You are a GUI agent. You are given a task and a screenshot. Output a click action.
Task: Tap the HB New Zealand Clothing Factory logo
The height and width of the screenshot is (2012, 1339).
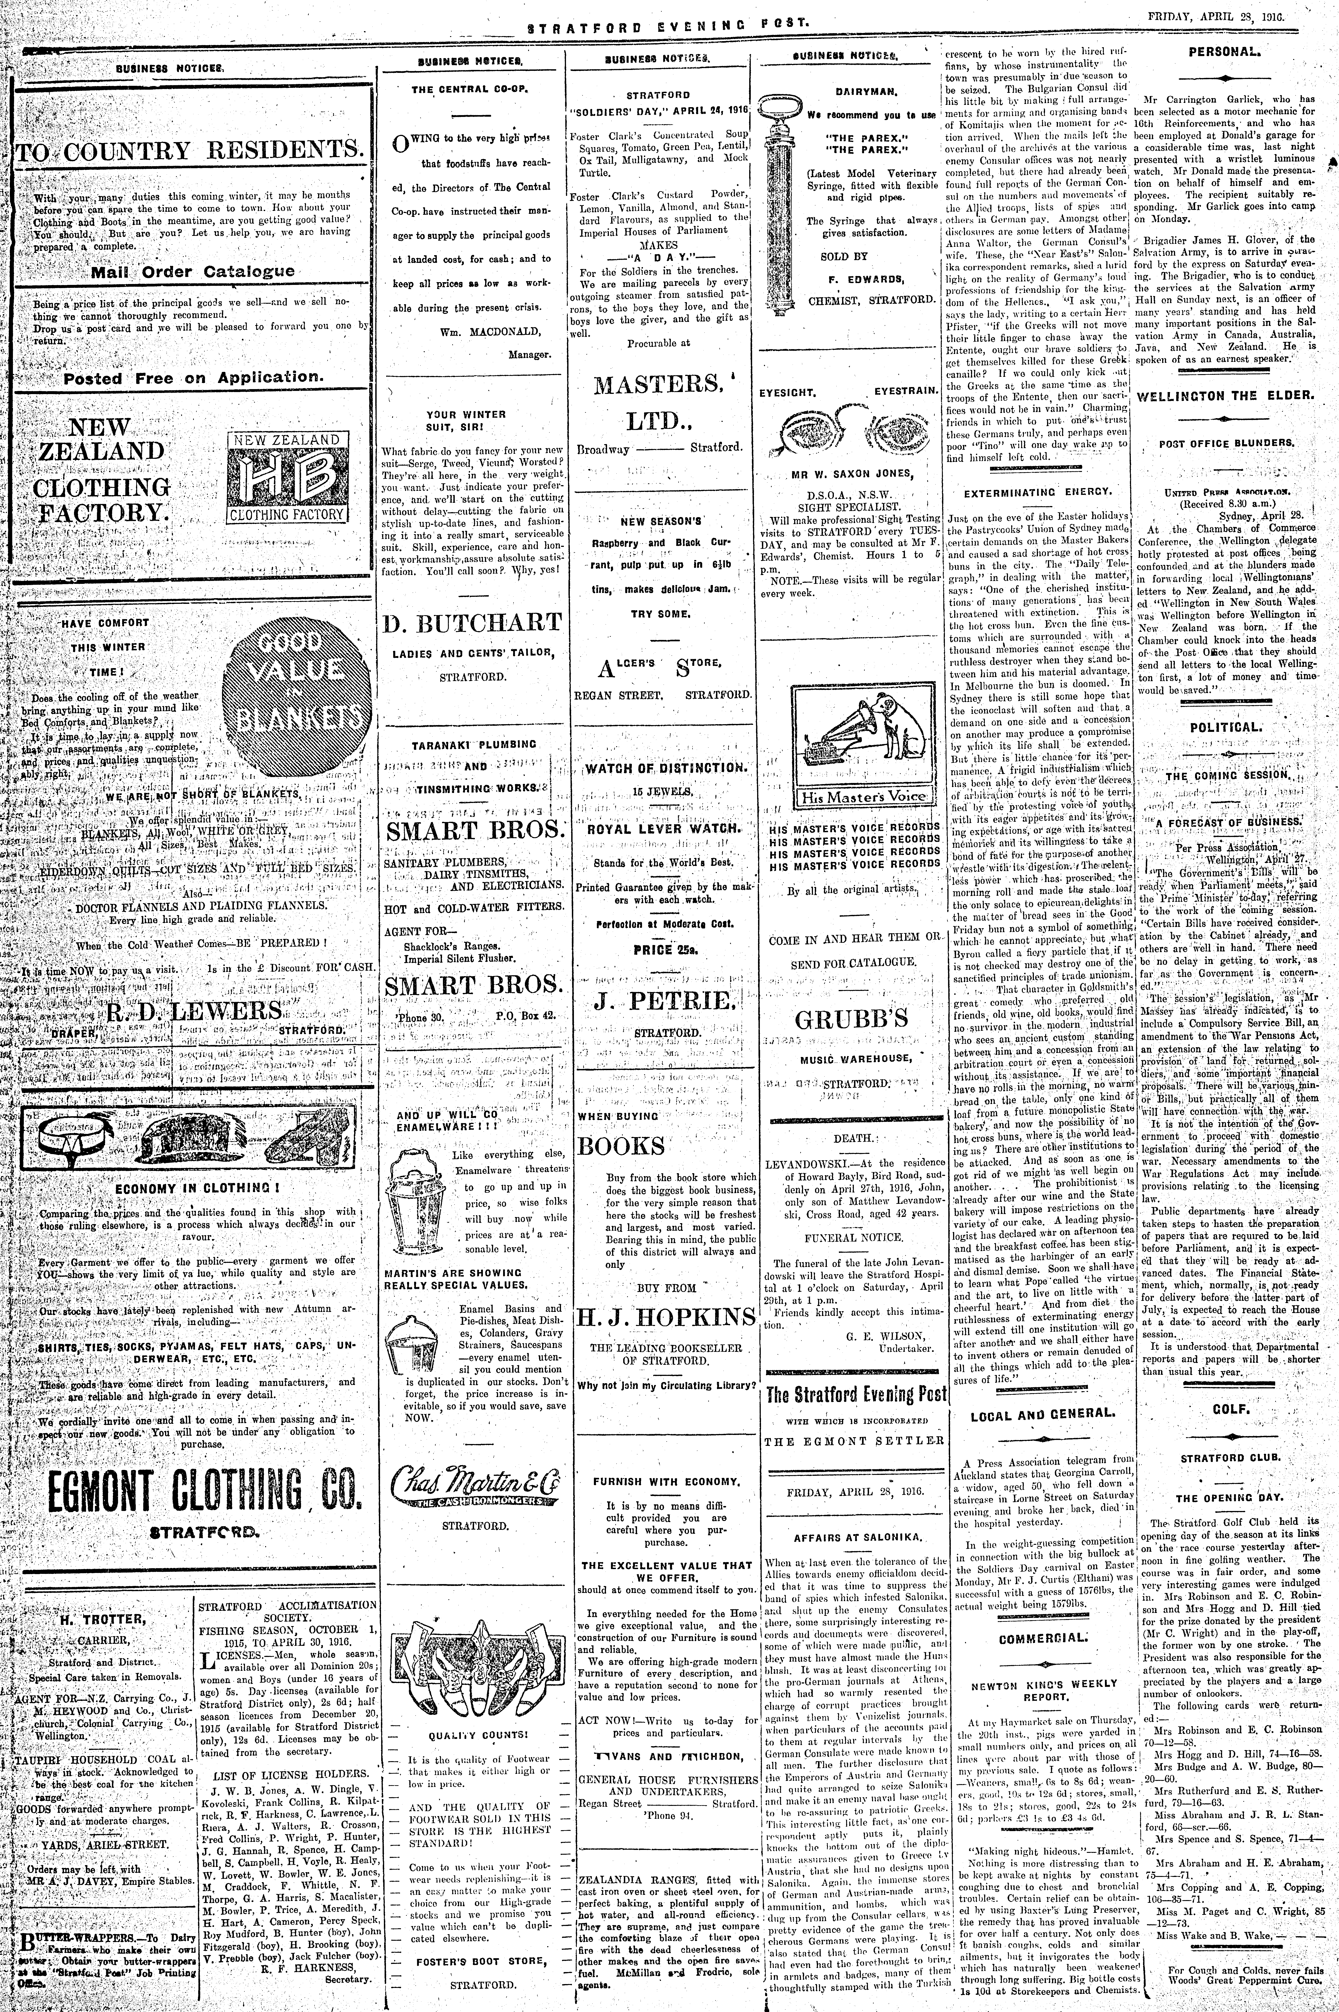[x=287, y=476]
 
